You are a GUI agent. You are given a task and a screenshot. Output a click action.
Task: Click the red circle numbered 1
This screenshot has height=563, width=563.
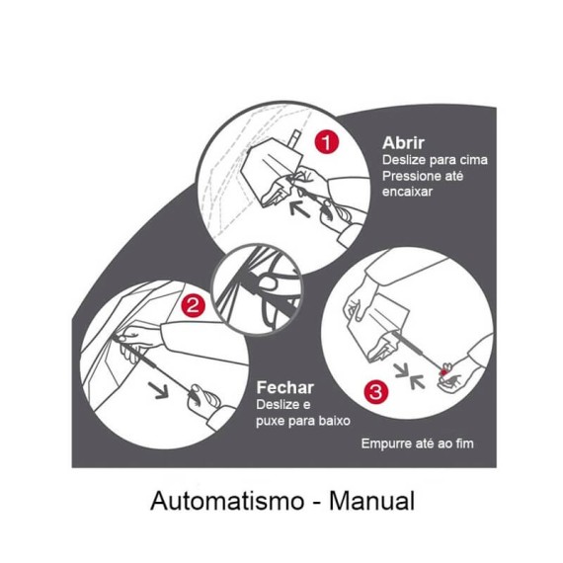pyautogui.click(x=327, y=142)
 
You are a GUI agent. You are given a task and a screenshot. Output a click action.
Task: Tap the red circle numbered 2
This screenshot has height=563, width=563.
pyautogui.click(x=195, y=305)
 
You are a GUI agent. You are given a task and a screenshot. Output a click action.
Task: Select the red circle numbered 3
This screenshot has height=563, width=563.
pyautogui.click(x=374, y=392)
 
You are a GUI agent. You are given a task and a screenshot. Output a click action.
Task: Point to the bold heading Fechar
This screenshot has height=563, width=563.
pyautogui.click(x=284, y=387)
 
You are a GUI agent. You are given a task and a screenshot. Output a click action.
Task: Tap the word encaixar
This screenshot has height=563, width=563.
pyautogui.click(x=407, y=193)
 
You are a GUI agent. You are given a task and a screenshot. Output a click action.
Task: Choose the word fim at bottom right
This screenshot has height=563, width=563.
pyautogui.click(x=461, y=443)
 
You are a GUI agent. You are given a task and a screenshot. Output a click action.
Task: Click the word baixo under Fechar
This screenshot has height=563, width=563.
pyautogui.click(x=334, y=421)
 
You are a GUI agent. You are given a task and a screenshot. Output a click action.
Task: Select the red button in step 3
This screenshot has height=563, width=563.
pyautogui.click(x=448, y=369)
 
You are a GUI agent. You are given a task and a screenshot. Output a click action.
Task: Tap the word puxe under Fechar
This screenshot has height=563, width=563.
pyautogui.click(x=272, y=421)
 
